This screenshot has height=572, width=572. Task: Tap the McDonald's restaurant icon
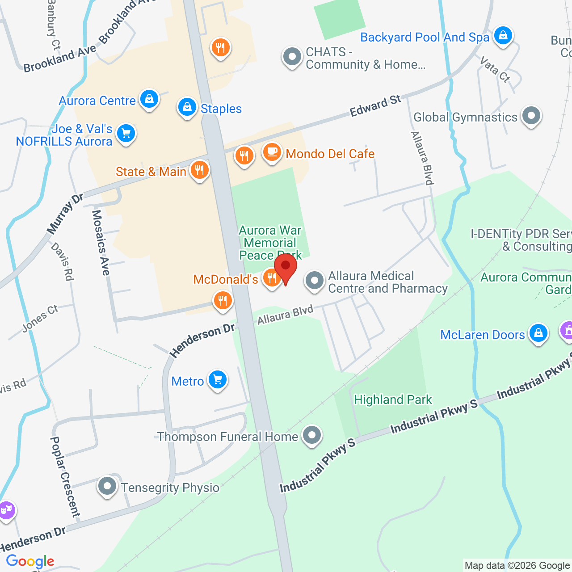coord(271,278)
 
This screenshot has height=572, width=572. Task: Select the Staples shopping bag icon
coord(187,107)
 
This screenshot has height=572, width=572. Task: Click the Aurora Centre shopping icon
coord(149,99)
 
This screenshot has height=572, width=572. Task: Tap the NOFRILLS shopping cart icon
coord(126,133)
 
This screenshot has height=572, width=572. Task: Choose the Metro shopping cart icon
coord(218,380)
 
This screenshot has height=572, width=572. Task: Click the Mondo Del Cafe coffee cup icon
coord(272,152)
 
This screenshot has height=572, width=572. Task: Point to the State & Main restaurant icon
coord(199,170)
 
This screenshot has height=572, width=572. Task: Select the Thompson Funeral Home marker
coord(312,435)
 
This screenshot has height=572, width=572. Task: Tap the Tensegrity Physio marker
coord(107,486)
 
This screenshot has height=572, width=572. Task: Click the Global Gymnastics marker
coord(531,116)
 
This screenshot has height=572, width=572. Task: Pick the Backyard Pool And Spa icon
coord(503,35)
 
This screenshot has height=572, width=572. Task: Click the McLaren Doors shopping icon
coord(538,333)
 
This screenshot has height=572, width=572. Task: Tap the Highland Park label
coord(393,400)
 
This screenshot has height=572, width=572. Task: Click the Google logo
coord(30,561)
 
